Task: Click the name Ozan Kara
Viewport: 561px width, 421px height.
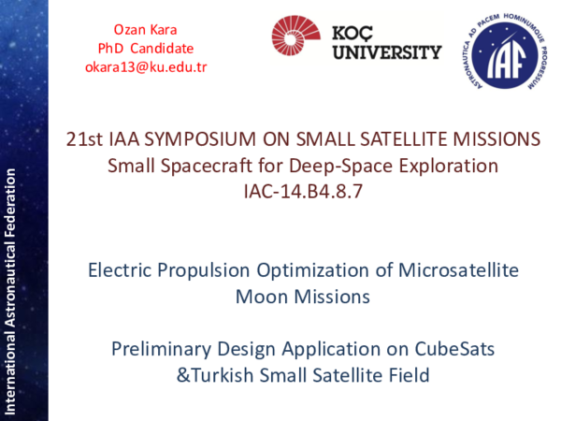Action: tap(145, 29)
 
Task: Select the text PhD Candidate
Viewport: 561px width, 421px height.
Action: tap(145, 48)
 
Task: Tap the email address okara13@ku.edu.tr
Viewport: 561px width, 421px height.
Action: tap(145, 66)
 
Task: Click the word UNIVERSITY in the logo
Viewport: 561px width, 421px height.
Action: tap(386, 52)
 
